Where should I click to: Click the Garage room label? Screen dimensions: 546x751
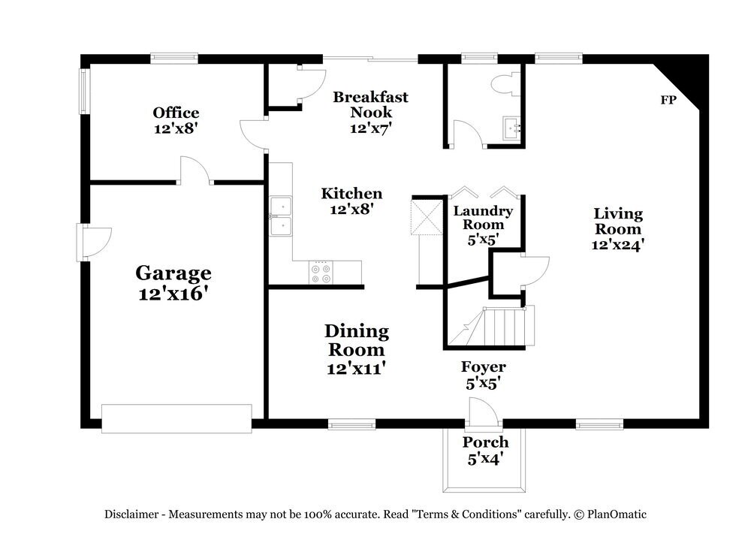pos(173,282)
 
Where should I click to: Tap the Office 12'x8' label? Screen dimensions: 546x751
pos(176,120)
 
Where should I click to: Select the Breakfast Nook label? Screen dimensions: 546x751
pos(370,112)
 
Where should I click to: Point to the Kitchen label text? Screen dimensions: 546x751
pos(351,201)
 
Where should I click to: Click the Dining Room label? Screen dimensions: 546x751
pos(356,349)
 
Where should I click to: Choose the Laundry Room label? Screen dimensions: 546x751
pos(483,225)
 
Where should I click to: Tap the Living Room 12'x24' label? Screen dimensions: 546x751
pos(619,228)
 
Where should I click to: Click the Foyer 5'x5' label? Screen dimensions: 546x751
pos(483,374)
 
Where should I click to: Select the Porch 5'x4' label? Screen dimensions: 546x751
pos(485,449)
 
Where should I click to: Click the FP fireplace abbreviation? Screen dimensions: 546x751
pos(666,100)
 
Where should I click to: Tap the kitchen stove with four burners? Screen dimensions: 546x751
pos(321,273)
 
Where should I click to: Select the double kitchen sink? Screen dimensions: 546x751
pos(282,216)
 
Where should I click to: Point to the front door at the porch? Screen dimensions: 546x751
pos(481,412)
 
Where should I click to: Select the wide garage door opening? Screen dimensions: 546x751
pos(176,418)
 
